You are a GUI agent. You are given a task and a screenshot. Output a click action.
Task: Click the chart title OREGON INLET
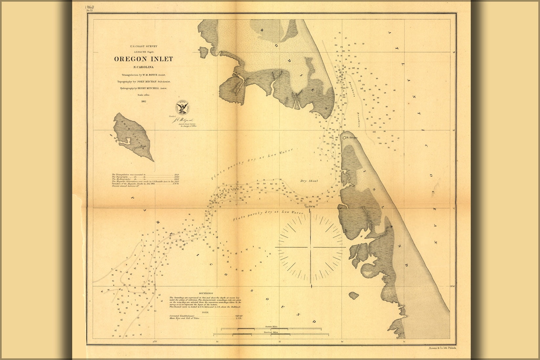pos(143,59)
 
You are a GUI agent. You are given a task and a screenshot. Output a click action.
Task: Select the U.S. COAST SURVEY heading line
pos(144,47)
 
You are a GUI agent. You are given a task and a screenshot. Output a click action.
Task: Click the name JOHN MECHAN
pos(147,81)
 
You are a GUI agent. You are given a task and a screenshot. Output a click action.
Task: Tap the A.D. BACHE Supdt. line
pos(144,52)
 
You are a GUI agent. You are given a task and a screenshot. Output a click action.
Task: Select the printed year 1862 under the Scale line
pos(143,101)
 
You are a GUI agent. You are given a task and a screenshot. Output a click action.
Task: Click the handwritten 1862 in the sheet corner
pos(89,7)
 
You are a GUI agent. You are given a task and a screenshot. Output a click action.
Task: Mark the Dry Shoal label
pos(309,181)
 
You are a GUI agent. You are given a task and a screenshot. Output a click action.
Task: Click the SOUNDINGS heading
pos(206,293)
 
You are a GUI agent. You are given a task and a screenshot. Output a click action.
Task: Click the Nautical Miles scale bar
pos(271,334)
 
